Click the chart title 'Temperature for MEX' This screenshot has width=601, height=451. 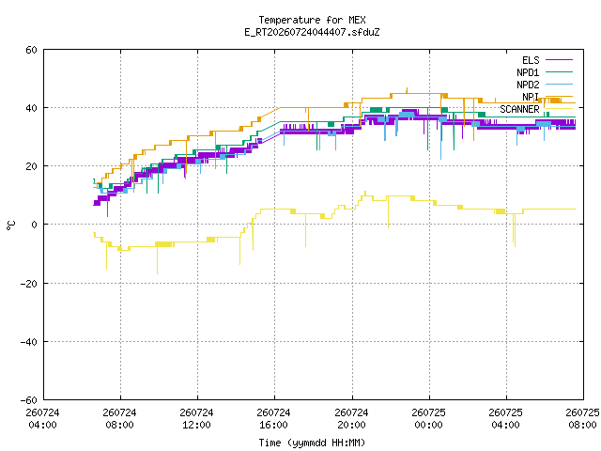312,20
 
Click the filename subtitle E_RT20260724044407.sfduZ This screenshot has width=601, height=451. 312,32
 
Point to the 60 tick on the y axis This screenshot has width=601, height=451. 31,50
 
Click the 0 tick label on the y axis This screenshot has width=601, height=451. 35,225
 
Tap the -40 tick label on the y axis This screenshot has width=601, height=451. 29,342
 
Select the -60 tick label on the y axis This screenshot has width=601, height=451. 29,400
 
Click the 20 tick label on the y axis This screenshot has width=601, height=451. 31,166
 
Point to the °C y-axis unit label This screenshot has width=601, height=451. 11,225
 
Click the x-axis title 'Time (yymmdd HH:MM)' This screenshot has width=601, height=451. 312,443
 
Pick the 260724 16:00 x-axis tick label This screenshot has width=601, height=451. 273,419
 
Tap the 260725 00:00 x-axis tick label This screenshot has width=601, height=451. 428,419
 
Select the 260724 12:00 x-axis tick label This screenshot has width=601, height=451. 196,419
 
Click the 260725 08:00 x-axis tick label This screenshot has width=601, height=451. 582,419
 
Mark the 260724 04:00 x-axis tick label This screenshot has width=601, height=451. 42,419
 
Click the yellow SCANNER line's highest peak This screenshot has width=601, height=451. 365,192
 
